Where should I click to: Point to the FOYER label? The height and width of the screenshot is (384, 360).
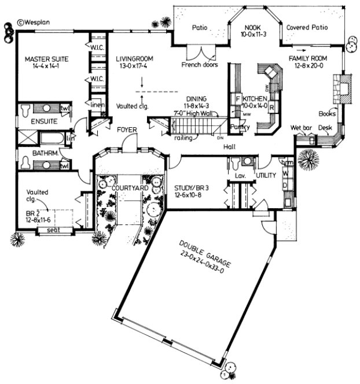tap(127, 131)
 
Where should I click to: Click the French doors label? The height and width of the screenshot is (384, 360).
tap(200, 65)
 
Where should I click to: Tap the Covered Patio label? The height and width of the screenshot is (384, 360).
tap(307, 27)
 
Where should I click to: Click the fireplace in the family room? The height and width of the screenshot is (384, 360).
tap(343, 88)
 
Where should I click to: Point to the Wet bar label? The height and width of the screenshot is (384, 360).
tap(300, 127)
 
